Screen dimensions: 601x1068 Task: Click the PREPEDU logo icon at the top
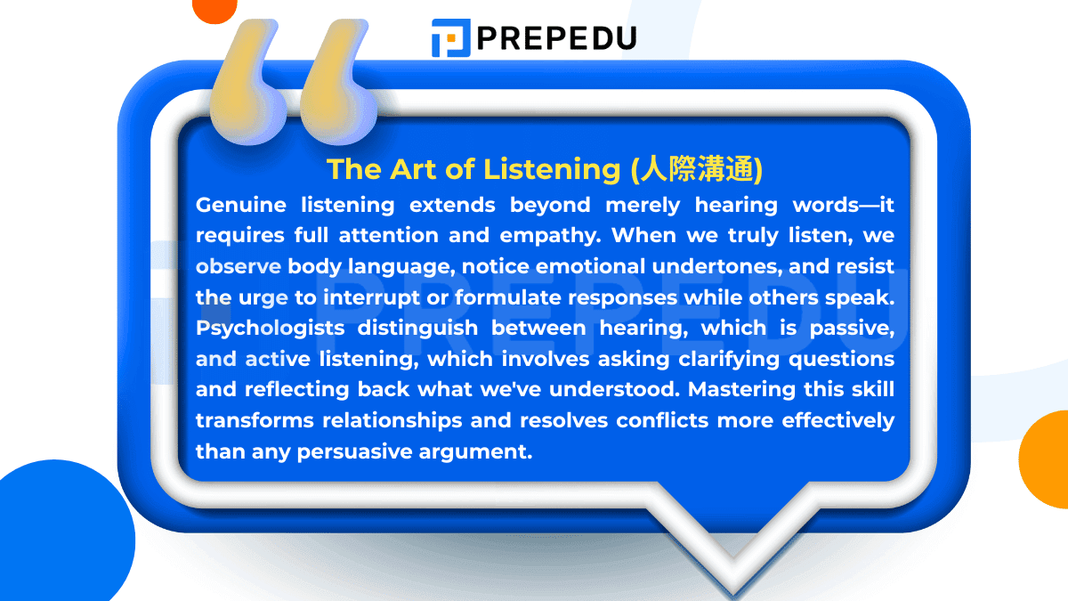pyautogui.click(x=450, y=38)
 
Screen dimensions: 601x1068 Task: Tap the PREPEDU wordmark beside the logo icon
pyautogui.click(x=556, y=38)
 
